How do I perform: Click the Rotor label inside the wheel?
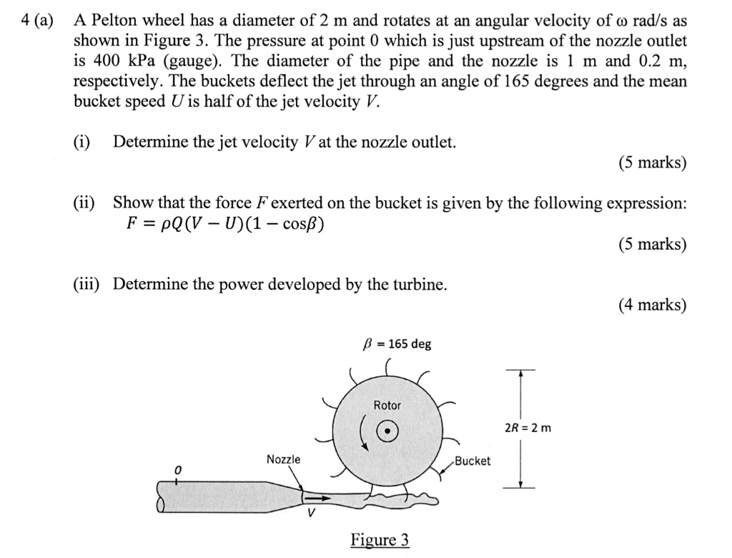click(x=387, y=406)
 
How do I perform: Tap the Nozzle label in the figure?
click(x=284, y=459)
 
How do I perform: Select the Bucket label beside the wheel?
click(x=473, y=461)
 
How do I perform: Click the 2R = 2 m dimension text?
click(x=528, y=429)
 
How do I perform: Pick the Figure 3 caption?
click(x=380, y=539)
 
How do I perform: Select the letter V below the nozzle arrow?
click(x=310, y=513)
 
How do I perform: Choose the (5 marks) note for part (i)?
click(x=652, y=163)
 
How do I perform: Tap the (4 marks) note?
click(x=652, y=305)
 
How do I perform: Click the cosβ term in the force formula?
click(x=300, y=225)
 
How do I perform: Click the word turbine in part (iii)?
click(x=420, y=285)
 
